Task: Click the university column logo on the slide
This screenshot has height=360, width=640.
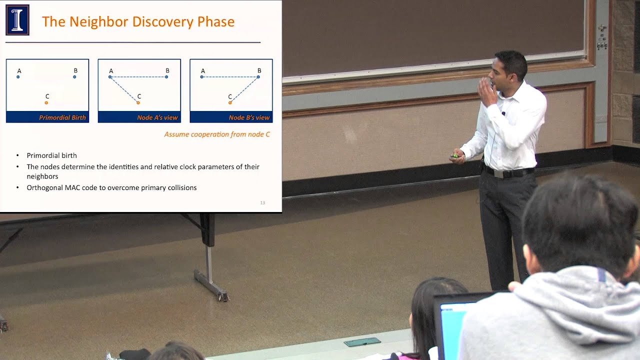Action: [x=17, y=19]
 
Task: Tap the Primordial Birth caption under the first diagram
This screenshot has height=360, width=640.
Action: [x=62, y=117]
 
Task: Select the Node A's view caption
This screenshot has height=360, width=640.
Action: [x=157, y=117]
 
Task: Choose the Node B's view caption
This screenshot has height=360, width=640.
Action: [x=249, y=117]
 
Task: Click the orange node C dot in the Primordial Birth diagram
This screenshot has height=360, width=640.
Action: [x=46, y=102]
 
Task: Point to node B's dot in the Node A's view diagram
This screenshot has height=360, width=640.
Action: [x=166, y=77]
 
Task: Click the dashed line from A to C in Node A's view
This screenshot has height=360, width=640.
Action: [x=124, y=89]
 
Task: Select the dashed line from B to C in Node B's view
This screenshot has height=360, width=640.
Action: [x=244, y=89]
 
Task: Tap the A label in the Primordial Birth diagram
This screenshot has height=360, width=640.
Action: [x=19, y=71]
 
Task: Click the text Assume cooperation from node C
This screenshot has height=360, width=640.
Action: [x=217, y=134]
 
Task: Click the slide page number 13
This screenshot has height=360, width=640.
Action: [x=262, y=203]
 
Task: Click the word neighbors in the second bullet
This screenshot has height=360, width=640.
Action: [x=42, y=176]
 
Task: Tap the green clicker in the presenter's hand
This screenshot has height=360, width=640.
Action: [x=454, y=156]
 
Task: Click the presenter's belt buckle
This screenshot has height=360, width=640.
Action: [x=498, y=173]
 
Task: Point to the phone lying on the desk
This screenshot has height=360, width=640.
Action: [x=362, y=341]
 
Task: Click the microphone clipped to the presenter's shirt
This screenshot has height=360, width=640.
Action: [x=503, y=113]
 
